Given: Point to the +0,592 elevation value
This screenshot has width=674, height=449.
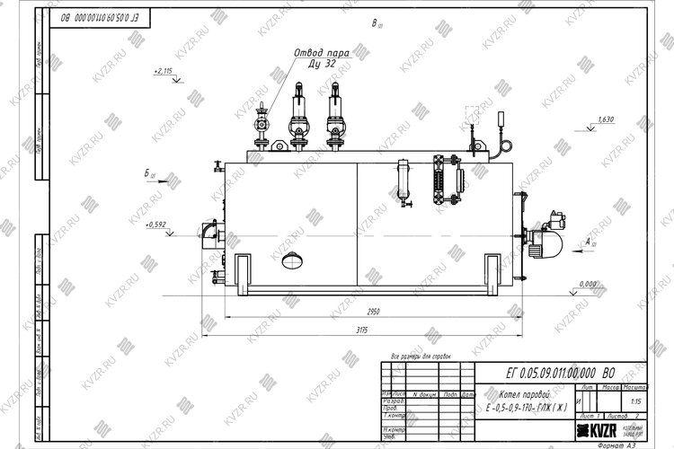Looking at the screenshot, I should [155, 224].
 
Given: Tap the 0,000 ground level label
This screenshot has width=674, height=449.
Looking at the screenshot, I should [589, 284].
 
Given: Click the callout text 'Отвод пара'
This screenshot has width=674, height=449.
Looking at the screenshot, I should [320, 53].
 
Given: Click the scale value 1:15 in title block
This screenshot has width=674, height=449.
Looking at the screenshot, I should [636, 402].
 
